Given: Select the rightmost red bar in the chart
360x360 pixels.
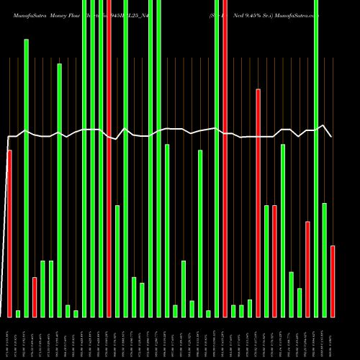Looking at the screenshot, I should point(333,281).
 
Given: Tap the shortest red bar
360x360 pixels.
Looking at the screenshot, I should point(35,297).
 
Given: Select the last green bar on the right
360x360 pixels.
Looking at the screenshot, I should point(325,260).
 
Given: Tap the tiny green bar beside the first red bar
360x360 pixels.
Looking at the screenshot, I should point(18,313).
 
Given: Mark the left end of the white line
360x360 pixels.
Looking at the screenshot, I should point(7,136).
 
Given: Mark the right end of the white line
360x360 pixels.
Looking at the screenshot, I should point(332,136).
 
